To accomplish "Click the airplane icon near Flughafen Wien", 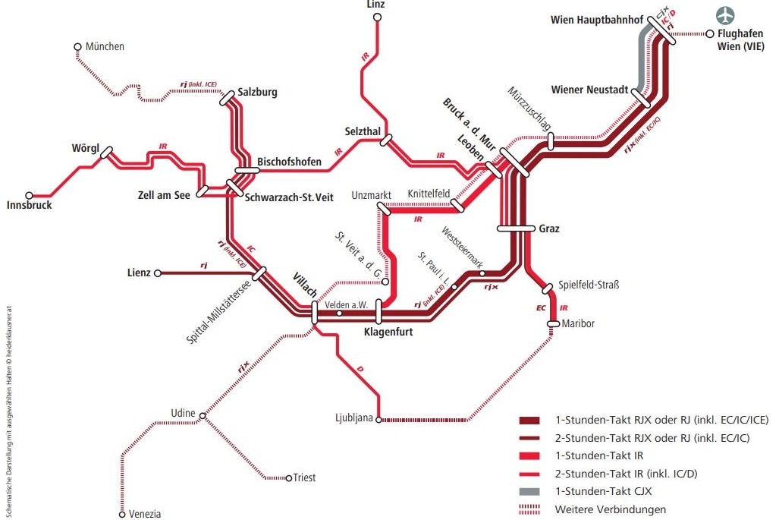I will pyautogui.click(x=727, y=15).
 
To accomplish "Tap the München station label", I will pyautogui.click(x=105, y=47).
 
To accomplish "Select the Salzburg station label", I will pyautogui.click(x=257, y=93).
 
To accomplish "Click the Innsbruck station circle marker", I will pyautogui.click(x=30, y=195).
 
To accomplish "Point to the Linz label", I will pyautogui.click(x=375, y=5).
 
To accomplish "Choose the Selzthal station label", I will pyautogui.click(x=362, y=131).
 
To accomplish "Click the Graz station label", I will pyautogui.click(x=548, y=228).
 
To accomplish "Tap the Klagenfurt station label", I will pyautogui.click(x=388, y=332).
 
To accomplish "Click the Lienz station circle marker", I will pyautogui.click(x=158, y=273).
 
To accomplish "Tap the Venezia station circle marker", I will pyautogui.click(x=121, y=514).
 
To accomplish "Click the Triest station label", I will pyautogui.click(x=305, y=478).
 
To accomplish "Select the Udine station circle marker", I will pyautogui.click(x=203, y=415).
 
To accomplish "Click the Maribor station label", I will pyautogui.click(x=578, y=324).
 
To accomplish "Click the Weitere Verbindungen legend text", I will pyautogui.click(x=611, y=509).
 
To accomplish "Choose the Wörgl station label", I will pyautogui.click(x=86, y=147).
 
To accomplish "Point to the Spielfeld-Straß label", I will pyautogui.click(x=589, y=285).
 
